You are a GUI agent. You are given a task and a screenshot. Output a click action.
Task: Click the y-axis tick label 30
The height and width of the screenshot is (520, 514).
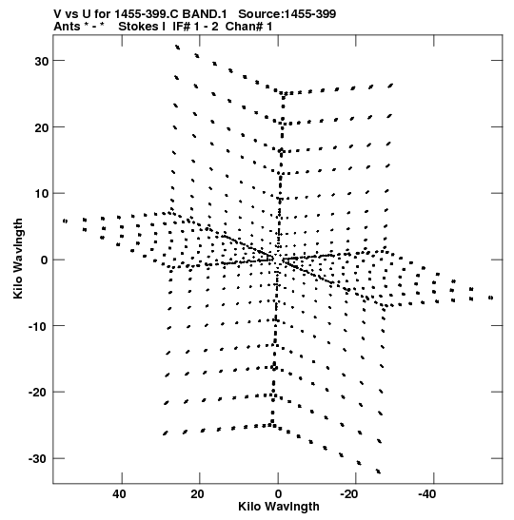pyautogui.click(x=41, y=61)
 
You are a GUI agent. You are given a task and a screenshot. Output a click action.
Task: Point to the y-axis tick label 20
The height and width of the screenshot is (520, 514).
pyautogui.click(x=41, y=127)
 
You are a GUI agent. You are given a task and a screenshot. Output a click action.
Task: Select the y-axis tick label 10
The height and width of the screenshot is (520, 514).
pyautogui.click(x=41, y=194)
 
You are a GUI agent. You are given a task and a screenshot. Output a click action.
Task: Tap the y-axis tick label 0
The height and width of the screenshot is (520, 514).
pyautogui.click(x=45, y=260)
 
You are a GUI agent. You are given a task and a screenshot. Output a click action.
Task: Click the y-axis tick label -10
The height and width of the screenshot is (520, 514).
pyautogui.click(x=38, y=326)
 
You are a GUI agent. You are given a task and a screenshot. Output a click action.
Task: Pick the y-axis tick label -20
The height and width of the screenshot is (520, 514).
pyautogui.click(x=38, y=393)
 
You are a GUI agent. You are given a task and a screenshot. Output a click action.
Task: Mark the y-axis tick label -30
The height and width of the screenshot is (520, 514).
pyautogui.click(x=38, y=459)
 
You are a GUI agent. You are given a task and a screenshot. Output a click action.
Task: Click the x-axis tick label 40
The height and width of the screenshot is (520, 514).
pyautogui.click(x=119, y=494)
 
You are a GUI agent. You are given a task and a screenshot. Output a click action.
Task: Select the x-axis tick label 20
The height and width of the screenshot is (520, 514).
pyautogui.click(x=197, y=494)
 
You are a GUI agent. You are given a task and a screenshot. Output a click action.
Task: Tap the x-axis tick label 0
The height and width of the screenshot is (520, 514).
pyautogui.click(x=278, y=494)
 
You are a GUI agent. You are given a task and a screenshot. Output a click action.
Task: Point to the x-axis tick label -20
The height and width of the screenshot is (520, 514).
pyautogui.click(x=349, y=494)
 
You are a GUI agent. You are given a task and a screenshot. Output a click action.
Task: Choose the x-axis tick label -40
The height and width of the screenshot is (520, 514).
pyautogui.click(x=427, y=494)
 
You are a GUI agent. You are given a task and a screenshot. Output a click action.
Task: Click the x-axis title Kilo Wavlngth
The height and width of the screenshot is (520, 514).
pyautogui.click(x=279, y=507)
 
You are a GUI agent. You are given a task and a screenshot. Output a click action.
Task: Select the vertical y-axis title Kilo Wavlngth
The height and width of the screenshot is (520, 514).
pyautogui.click(x=18, y=259)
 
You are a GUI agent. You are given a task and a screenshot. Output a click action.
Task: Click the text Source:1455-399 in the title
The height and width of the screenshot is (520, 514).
pyautogui.click(x=287, y=14)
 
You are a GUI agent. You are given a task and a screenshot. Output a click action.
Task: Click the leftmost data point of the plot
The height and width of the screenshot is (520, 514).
pyautogui.click(x=65, y=221)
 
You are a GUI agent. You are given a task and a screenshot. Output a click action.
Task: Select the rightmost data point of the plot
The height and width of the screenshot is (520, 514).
pyautogui.click(x=491, y=298)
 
